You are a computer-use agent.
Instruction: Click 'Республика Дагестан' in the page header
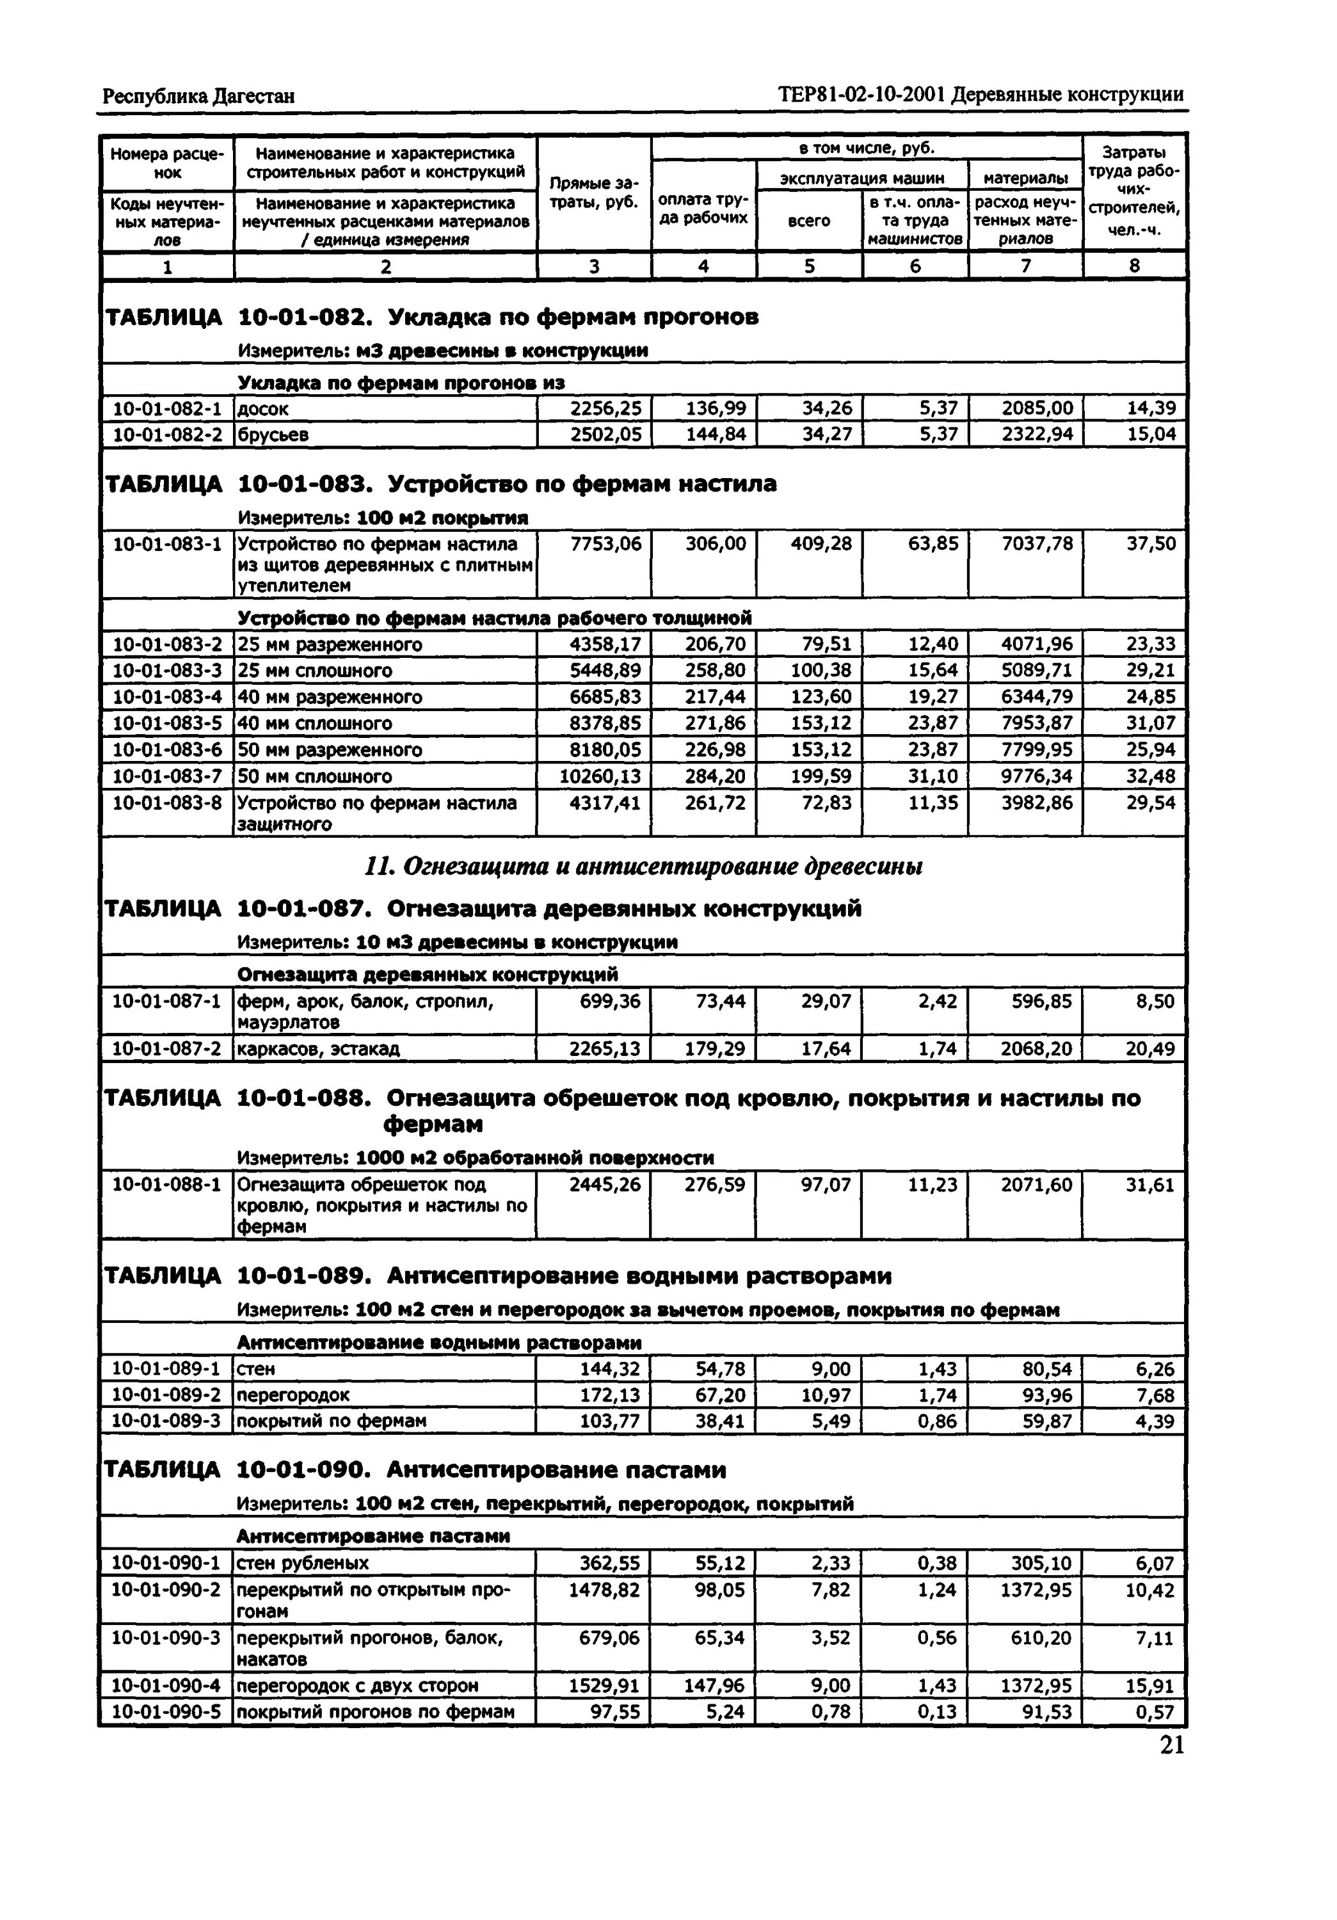(198, 96)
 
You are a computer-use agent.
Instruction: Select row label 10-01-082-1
(167, 409)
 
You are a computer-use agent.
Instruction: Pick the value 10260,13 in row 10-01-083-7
(600, 777)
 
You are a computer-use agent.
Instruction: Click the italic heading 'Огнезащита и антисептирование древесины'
(644, 867)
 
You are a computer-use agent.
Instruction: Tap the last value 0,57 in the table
(1155, 1712)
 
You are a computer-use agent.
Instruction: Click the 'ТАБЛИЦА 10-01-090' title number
(303, 1470)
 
